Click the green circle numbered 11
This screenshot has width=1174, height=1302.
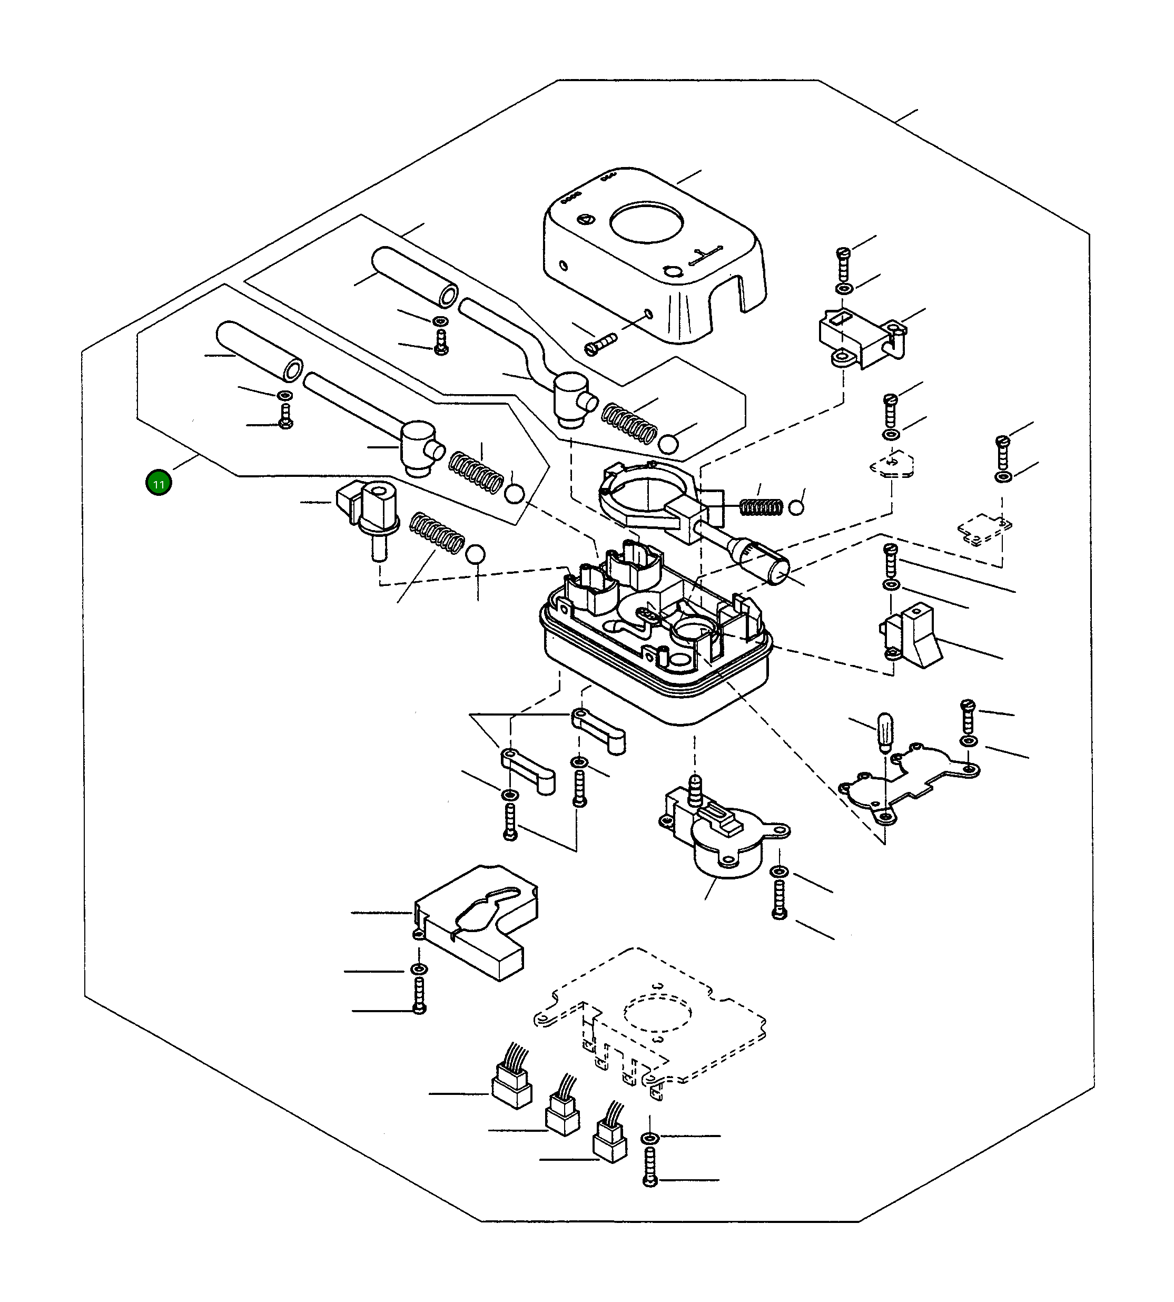coord(159,483)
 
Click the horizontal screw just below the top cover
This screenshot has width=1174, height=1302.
coord(600,343)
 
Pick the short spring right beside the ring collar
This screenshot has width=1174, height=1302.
coord(761,507)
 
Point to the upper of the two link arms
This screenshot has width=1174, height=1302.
coord(599,731)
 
